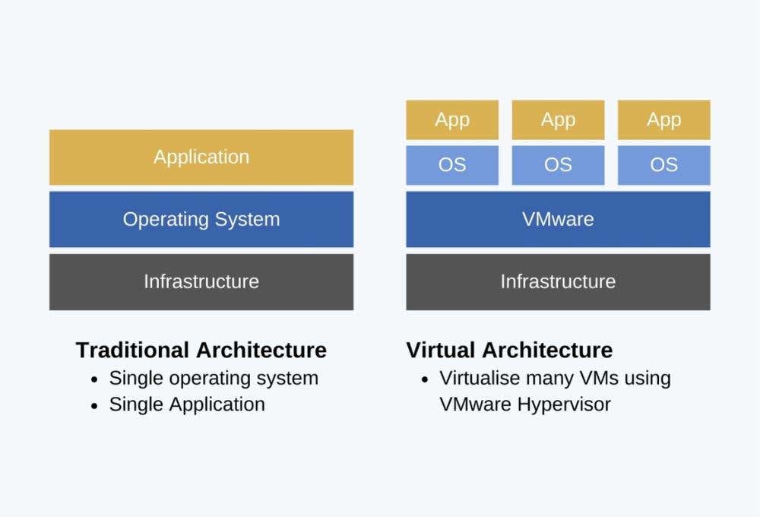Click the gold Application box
201,157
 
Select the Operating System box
201,219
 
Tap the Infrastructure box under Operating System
201,282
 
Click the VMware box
558,219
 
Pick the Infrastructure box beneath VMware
558,282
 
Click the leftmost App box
452,120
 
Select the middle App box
558,120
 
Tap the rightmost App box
664,120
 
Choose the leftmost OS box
452,165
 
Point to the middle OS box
558,165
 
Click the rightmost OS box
664,165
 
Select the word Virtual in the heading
441,350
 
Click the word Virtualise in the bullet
480,379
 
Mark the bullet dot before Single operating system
94,379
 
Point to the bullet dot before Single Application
94,405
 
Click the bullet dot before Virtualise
425,379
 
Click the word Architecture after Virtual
548,350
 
